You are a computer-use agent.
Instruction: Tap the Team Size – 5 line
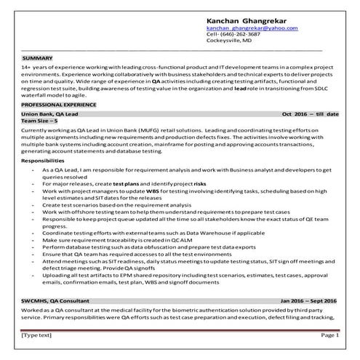(44, 121)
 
